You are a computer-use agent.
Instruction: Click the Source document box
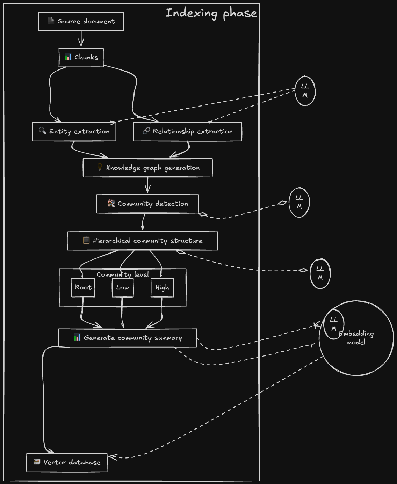pos(81,22)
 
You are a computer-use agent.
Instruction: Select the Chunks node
pos(81,58)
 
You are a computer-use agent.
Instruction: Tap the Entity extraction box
pos(74,132)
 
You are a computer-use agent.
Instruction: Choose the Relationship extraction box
pos(188,132)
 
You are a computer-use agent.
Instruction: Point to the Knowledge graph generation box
pos(147,168)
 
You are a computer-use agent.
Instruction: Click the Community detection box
pos(147,204)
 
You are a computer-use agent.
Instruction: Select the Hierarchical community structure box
pos(143,241)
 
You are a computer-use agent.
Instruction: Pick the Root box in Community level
pos(83,288)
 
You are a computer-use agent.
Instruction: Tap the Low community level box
pos(123,288)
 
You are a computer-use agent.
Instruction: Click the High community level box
pos(162,288)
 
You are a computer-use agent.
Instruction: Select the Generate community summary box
pos(128,338)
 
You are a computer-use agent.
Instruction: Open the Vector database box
pos(67,463)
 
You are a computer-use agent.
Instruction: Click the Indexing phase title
pos(211,13)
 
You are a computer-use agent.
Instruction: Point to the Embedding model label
pos(356,338)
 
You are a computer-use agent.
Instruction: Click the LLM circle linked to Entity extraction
pos(305,91)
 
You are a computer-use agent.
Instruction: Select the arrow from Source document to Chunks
pos(81,39)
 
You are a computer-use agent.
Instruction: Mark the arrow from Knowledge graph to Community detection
pos(147,185)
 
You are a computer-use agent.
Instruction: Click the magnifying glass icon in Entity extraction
pos(42,131)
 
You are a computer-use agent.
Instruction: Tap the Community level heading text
pos(123,274)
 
